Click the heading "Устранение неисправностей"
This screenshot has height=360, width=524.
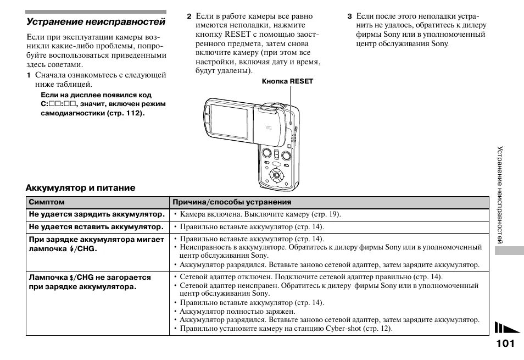tap(96, 22)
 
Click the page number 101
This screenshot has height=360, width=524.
tap(504, 344)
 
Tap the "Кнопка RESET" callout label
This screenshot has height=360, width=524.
tap(287, 81)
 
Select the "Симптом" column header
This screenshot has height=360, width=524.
tap(47, 202)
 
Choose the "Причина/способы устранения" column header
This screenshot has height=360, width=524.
tap(232, 202)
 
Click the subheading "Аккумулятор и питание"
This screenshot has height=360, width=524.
tap(81, 188)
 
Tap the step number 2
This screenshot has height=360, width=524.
tap(188, 16)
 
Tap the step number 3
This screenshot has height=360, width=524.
tap(349, 16)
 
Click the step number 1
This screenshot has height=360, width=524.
tap(30, 75)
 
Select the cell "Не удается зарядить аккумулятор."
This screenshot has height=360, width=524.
tap(97, 214)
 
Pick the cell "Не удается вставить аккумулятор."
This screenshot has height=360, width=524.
tap(96, 226)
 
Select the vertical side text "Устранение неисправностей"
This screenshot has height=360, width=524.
tap(500, 195)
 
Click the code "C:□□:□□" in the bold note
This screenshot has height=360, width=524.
tap(58, 104)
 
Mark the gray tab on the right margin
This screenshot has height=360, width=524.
tap(508, 251)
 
